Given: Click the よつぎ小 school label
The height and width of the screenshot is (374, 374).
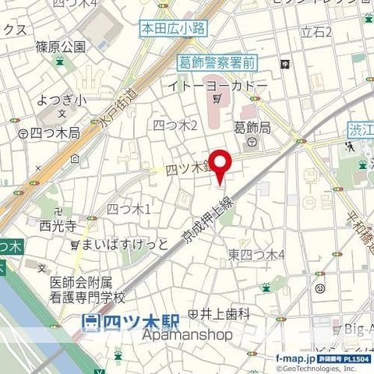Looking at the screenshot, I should click(x=55, y=100).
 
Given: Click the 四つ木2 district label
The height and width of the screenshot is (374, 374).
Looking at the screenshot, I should click(x=175, y=125).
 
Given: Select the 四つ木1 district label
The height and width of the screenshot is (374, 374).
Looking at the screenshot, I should click(x=129, y=208).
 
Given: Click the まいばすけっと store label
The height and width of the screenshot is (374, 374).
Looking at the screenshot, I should click(x=125, y=244).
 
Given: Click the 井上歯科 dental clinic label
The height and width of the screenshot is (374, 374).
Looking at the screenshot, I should click(x=224, y=314).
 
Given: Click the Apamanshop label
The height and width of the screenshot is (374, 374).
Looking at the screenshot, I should click(x=188, y=335).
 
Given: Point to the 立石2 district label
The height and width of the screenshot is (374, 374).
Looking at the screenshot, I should click(x=317, y=32).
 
